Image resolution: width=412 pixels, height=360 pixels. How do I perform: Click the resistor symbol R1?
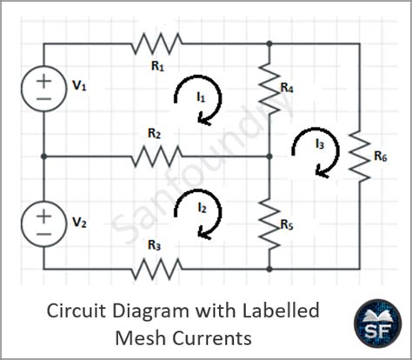click(x=157, y=42)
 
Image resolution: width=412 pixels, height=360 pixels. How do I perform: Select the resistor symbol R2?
click(x=157, y=157)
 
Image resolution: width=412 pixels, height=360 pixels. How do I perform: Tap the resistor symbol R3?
click(x=157, y=270)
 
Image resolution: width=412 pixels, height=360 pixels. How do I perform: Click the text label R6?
click(x=380, y=157)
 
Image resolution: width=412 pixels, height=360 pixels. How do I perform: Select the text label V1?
click(x=79, y=86)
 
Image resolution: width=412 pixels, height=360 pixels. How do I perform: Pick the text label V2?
click(x=79, y=223)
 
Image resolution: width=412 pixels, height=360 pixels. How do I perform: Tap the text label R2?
click(x=154, y=134)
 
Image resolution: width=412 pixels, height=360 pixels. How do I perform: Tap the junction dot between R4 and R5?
click(x=269, y=157)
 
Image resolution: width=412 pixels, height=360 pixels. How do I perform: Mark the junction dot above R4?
click(x=269, y=42)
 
